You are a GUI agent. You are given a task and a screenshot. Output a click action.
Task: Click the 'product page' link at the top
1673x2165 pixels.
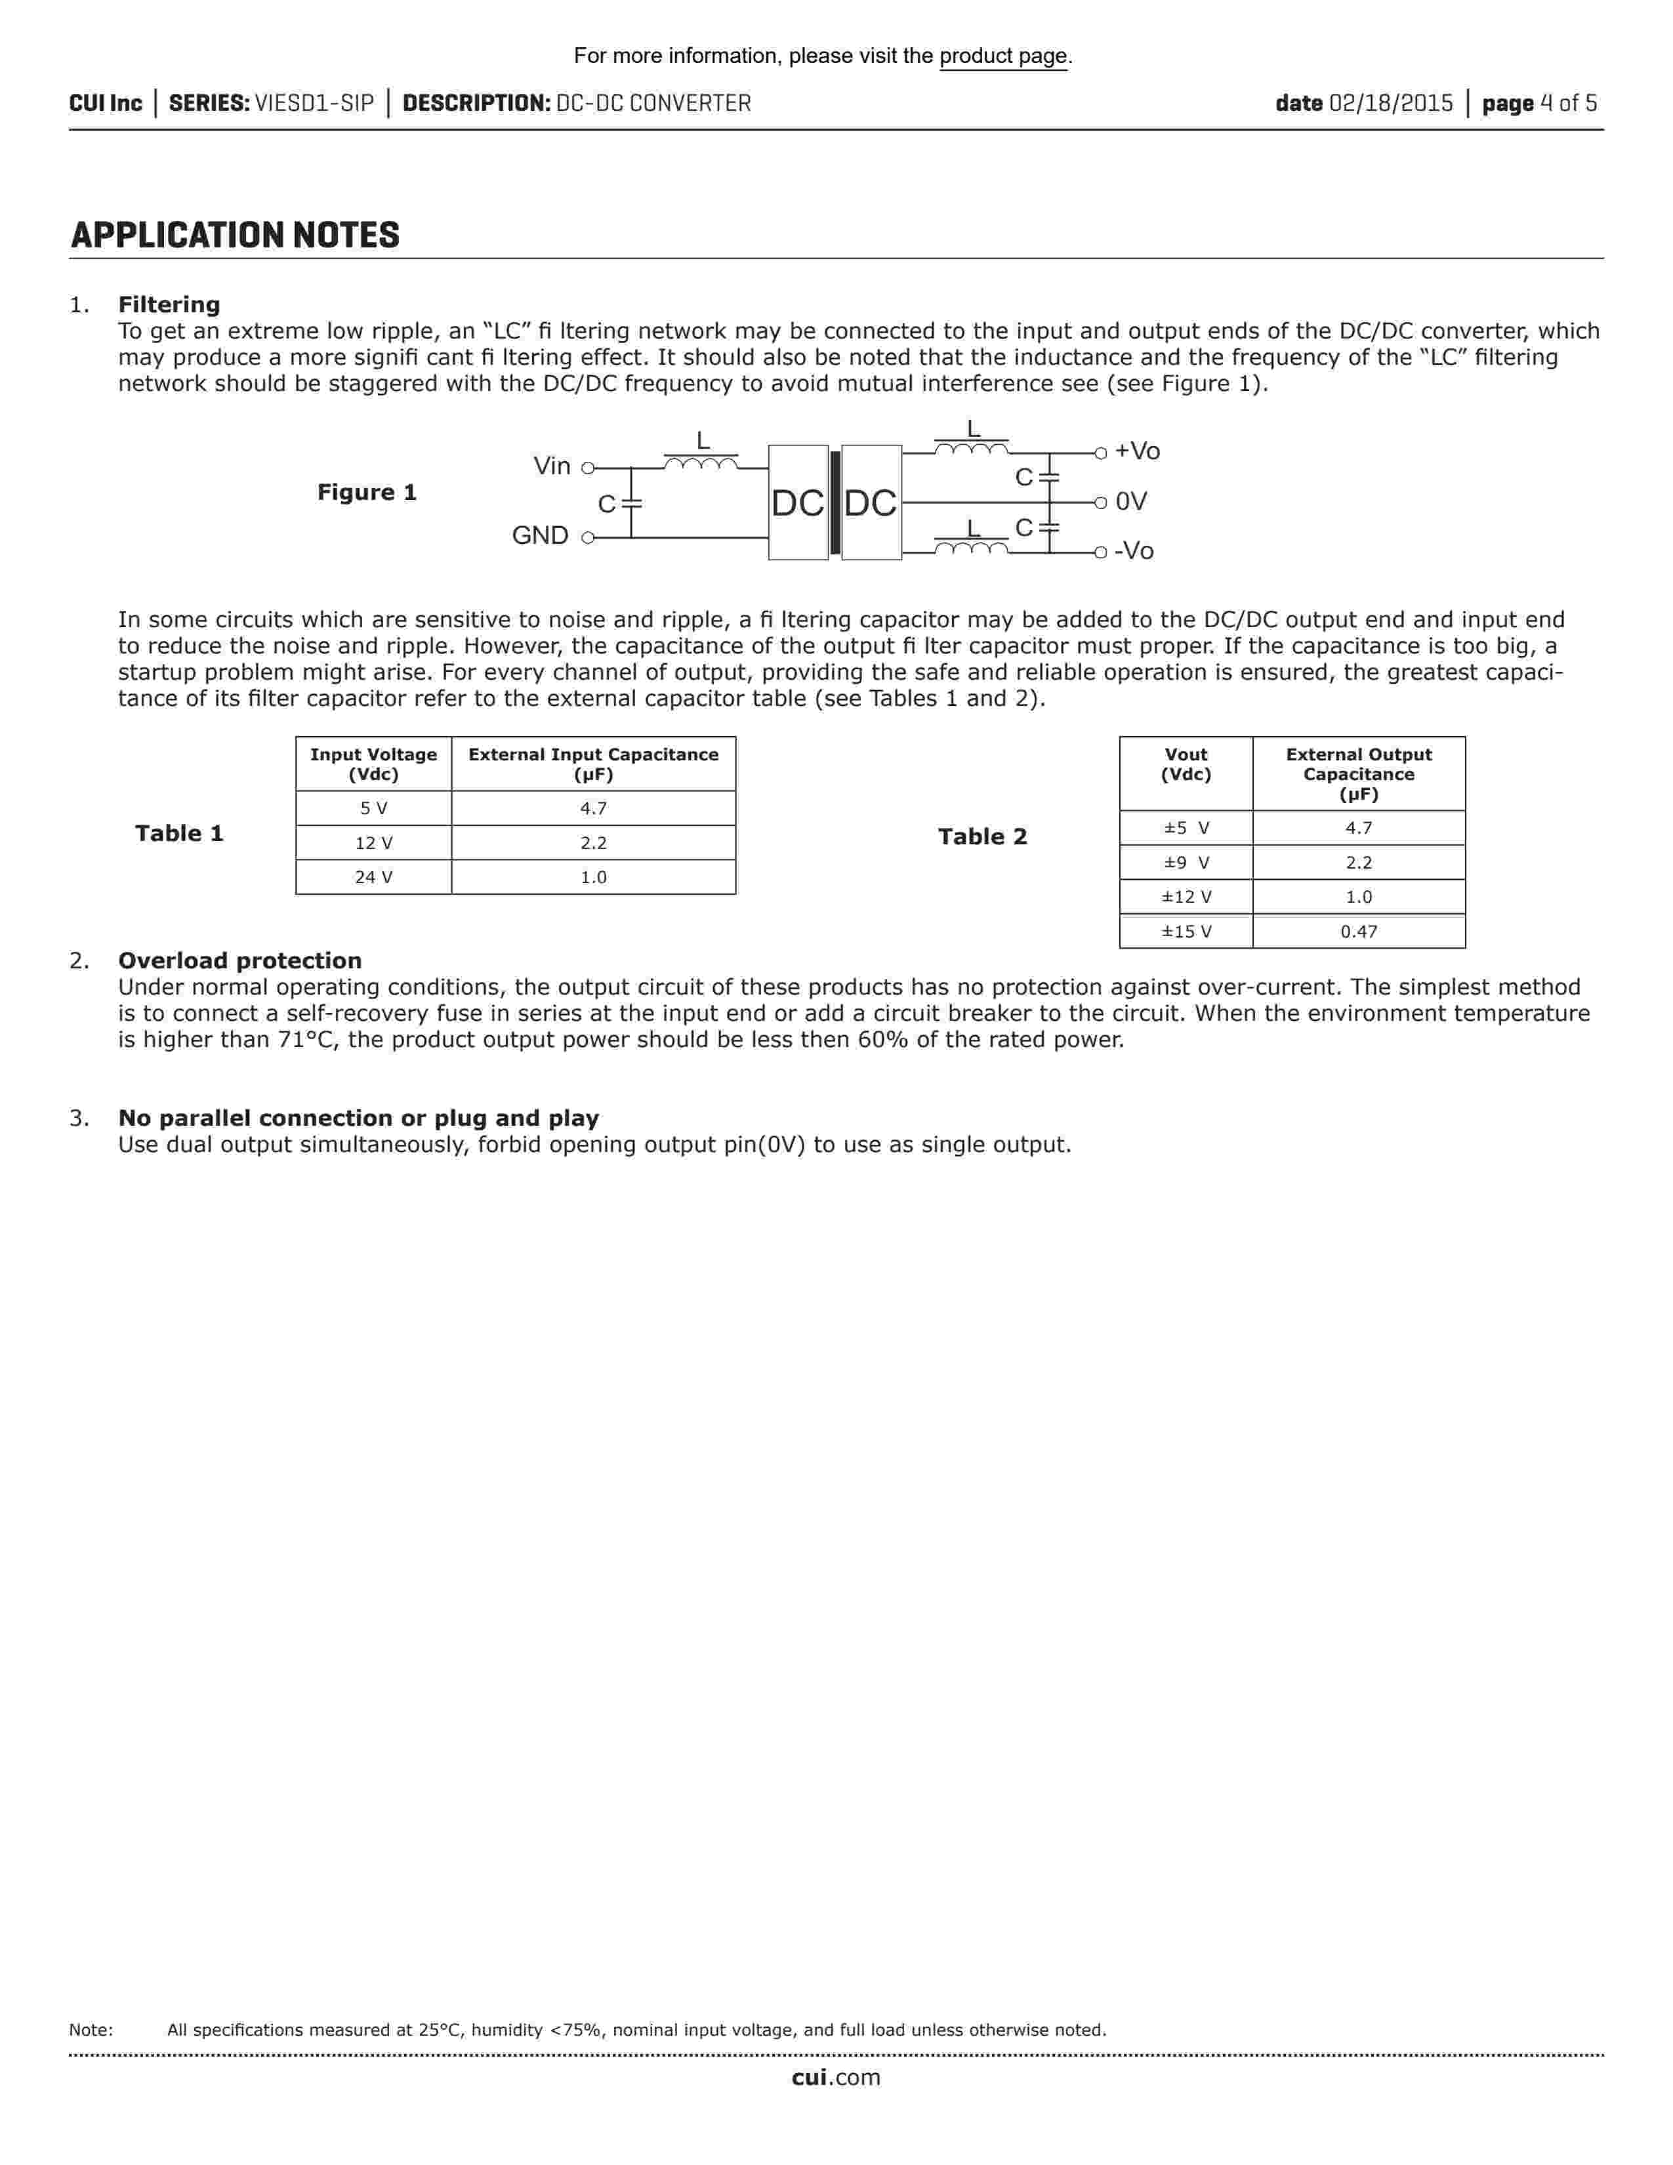[x=1003, y=56]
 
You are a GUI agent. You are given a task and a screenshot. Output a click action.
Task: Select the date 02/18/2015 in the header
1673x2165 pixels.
[x=1390, y=103]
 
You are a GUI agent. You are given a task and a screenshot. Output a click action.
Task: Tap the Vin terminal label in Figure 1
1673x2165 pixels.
[x=552, y=466]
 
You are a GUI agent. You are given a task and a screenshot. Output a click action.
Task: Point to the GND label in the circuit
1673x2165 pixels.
[x=540, y=535]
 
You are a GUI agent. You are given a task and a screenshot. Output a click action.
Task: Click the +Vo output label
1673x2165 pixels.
[x=1137, y=451]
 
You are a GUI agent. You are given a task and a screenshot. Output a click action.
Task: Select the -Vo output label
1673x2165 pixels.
[x=1134, y=551]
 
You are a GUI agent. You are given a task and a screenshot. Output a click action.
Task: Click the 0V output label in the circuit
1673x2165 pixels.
[x=1131, y=502]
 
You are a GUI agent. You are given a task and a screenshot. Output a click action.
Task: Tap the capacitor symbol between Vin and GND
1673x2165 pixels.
[x=631, y=504]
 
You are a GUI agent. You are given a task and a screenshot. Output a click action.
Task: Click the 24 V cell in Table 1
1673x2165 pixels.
[x=374, y=877]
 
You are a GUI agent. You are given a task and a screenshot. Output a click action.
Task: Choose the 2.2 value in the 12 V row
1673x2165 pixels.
[x=594, y=842]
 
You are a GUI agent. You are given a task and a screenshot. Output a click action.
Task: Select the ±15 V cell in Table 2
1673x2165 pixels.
[x=1186, y=932]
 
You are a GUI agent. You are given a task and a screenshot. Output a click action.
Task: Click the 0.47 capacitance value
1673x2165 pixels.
[x=1359, y=932]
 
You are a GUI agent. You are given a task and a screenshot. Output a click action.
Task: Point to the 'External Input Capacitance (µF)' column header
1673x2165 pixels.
[x=594, y=764]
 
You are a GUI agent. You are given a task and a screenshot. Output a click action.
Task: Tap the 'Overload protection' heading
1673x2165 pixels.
[x=240, y=960]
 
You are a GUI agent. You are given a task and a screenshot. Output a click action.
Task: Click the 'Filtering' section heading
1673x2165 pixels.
[x=169, y=304]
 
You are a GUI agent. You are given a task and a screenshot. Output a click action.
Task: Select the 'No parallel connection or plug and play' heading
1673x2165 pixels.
[x=359, y=1118]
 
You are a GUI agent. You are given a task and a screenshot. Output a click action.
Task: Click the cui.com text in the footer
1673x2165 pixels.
[x=835, y=2078]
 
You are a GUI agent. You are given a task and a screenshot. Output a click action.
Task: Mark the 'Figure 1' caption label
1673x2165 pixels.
[x=367, y=493]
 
